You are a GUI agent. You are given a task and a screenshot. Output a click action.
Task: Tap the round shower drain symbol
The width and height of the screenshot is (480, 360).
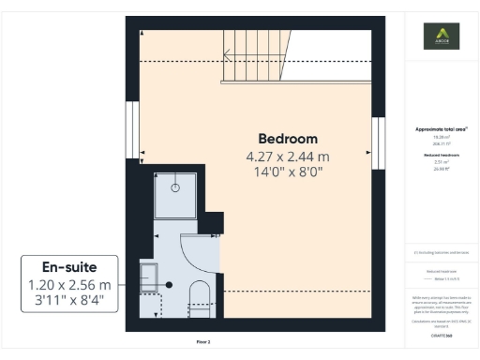(x=175, y=187)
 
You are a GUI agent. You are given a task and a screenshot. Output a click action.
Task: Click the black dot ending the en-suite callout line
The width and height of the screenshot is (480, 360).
(x=169, y=284)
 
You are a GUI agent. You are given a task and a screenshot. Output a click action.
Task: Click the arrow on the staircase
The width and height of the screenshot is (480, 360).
(x=228, y=54)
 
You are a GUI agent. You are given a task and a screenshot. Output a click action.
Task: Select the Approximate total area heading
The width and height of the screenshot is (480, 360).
(x=440, y=128)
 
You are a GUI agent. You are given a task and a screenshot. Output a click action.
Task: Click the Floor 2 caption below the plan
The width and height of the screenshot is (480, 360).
(x=203, y=342)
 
